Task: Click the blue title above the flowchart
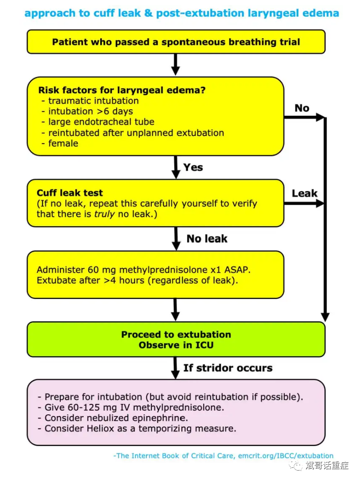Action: (181, 13)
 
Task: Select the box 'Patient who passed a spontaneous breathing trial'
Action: (176, 42)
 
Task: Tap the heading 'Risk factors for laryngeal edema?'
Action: (122, 90)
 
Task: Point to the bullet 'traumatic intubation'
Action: (93, 101)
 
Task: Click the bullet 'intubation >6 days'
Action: (90, 111)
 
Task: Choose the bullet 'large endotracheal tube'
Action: (101, 122)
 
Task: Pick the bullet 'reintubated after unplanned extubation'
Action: (136, 133)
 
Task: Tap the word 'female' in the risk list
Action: (63, 143)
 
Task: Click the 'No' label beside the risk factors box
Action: (302, 108)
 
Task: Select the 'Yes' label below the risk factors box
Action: (193, 167)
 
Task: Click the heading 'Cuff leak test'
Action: (70, 193)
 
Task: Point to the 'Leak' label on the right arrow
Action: (305, 194)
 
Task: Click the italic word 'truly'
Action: (104, 214)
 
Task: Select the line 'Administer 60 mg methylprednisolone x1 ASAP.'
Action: (144, 270)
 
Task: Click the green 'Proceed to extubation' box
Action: (176, 339)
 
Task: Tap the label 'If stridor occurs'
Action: (228, 368)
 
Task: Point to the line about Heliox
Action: (140, 428)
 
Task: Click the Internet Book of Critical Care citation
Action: (223, 456)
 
